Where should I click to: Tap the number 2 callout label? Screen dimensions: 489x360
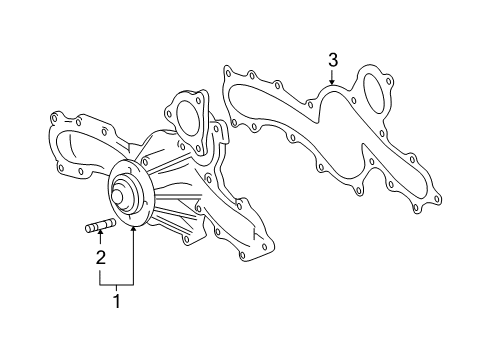[x=100, y=259]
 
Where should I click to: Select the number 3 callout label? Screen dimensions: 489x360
[x=333, y=62]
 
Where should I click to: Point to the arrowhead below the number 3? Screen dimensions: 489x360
[x=333, y=83]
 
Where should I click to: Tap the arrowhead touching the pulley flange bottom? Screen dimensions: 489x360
[x=131, y=228]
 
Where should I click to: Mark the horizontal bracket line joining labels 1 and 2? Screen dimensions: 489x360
[x=115, y=284]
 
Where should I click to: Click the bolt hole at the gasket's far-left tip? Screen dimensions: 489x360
[x=229, y=72]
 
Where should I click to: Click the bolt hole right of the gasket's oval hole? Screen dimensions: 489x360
[x=394, y=110]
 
